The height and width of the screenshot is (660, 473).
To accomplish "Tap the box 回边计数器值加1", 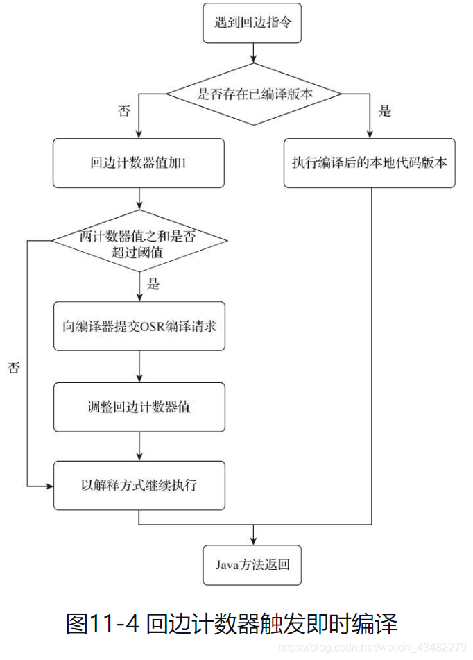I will click(139, 164).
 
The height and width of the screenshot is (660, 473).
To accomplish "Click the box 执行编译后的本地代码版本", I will click(369, 164).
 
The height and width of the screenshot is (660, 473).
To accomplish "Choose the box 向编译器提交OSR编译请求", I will click(139, 325).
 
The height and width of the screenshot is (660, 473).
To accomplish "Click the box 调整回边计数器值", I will click(139, 406).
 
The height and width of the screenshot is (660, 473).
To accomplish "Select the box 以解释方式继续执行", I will click(139, 485).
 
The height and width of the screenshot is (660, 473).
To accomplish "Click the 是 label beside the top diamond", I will click(386, 111).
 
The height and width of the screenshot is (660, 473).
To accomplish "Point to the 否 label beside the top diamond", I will click(124, 111).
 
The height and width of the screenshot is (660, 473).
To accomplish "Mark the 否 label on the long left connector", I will click(14, 368).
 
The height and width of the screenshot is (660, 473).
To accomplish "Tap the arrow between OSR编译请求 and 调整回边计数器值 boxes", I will click(139, 366).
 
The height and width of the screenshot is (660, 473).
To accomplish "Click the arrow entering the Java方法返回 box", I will click(252, 535).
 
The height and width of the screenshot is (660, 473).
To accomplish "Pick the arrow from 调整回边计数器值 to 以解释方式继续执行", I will click(139, 446).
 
